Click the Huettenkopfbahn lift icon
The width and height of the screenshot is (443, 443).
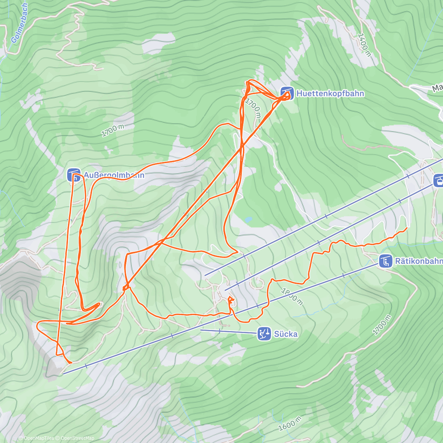point(287,93)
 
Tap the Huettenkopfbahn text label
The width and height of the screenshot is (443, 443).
point(330,93)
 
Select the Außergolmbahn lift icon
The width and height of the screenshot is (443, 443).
point(73,175)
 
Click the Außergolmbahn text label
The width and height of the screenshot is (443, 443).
point(114,175)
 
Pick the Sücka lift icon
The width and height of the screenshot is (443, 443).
point(264,334)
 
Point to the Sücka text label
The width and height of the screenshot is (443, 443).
point(285,334)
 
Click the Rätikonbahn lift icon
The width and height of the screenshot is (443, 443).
point(385,261)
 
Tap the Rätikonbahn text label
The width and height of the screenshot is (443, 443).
point(419,261)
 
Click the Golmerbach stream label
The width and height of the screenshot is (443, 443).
point(20,23)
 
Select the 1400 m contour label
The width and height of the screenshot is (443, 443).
point(364,45)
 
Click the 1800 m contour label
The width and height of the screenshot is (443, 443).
point(292,296)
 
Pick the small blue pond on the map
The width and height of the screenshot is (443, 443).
point(248,220)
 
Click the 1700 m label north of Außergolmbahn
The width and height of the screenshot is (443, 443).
point(113,130)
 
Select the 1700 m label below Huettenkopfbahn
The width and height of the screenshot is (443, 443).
point(253,108)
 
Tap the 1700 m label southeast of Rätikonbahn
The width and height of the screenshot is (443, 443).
point(381,325)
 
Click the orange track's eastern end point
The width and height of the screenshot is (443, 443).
point(406,228)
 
